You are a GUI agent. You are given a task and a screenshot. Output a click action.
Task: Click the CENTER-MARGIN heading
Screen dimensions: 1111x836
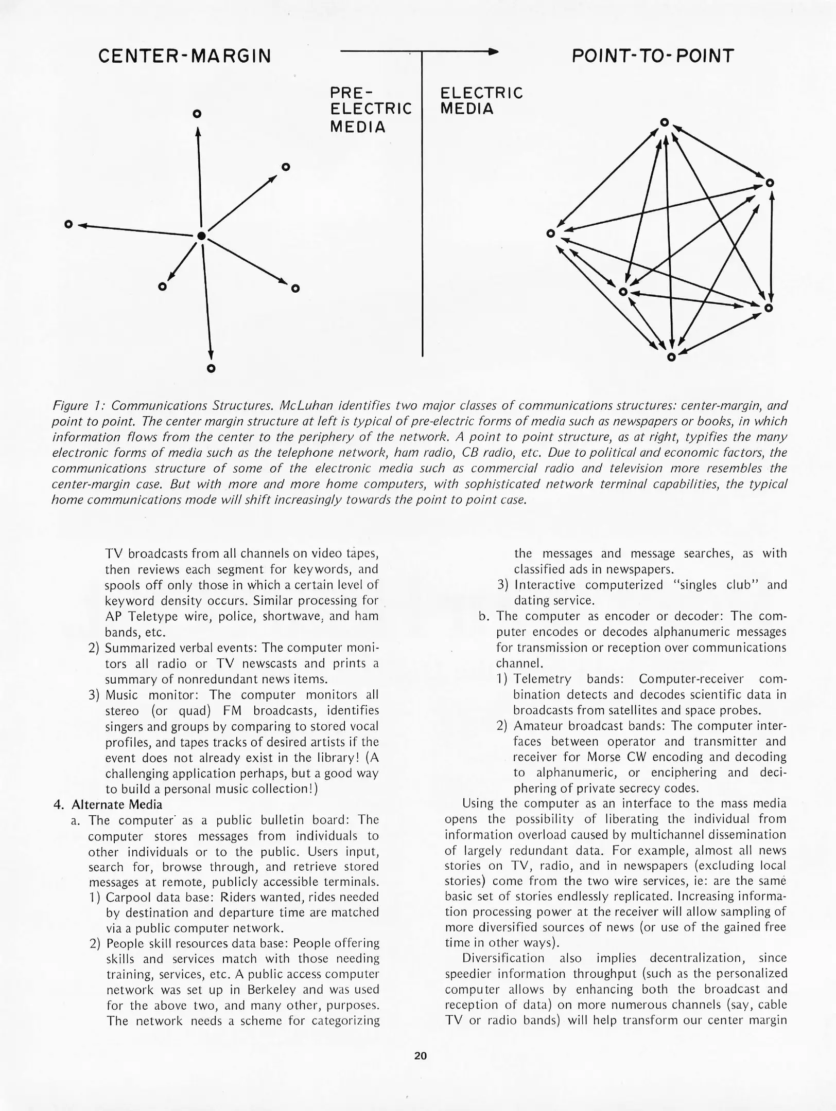tap(184, 56)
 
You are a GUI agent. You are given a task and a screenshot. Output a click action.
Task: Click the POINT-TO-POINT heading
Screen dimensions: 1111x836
tap(652, 56)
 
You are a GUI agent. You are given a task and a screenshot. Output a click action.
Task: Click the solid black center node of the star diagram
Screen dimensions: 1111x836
tap(201, 236)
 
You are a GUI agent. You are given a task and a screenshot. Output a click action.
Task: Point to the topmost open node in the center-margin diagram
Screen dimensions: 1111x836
tap(196, 114)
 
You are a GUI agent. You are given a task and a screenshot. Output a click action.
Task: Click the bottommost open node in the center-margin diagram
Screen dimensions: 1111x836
tap(211, 368)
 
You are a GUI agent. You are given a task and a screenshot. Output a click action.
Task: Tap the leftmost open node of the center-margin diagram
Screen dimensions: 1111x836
tap(68, 224)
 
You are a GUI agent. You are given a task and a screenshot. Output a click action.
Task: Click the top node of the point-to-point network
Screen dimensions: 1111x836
tap(664, 122)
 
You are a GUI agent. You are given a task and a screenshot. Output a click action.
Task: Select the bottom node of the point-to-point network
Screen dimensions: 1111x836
tap(671, 357)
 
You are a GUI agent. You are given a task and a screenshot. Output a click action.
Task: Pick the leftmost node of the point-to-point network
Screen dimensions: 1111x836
tap(550, 234)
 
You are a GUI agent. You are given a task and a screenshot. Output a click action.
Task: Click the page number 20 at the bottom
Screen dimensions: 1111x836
tap(420, 1056)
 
